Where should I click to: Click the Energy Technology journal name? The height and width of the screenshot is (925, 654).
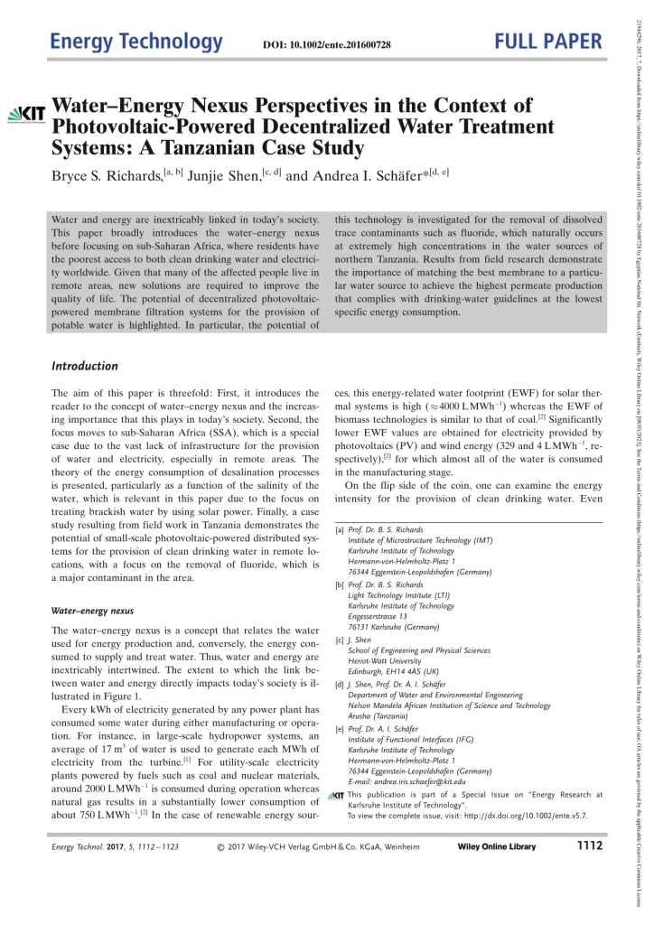(x=135, y=42)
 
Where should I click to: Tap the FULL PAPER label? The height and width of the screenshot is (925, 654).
(x=548, y=42)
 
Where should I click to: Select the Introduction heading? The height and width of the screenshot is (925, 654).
(x=85, y=366)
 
